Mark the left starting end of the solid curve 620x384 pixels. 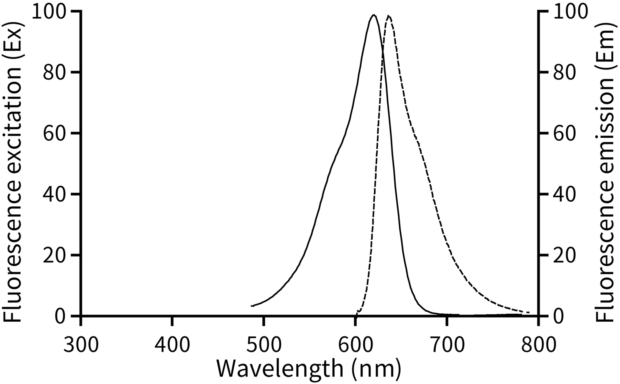click(251, 306)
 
